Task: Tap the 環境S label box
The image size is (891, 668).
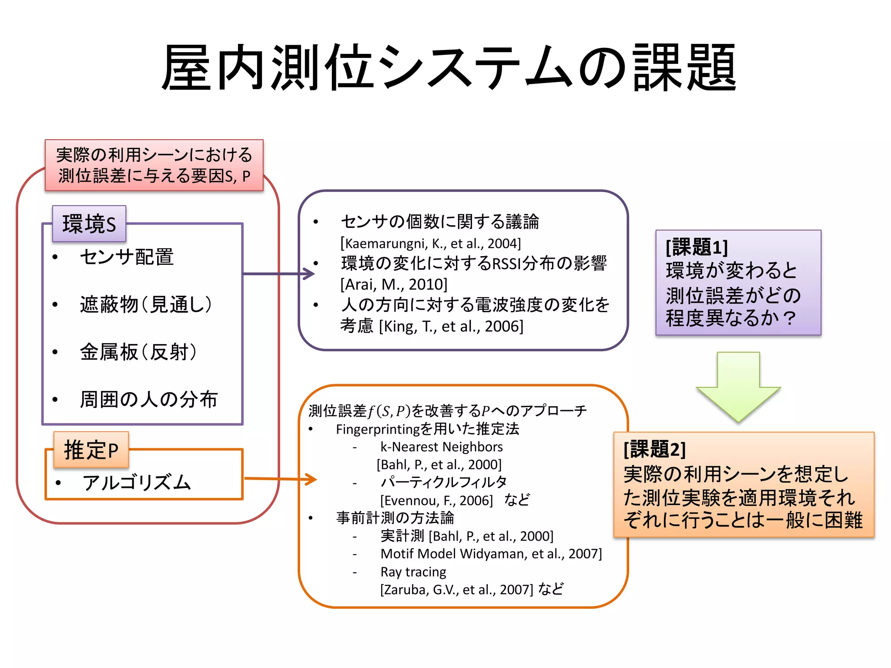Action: point(89,224)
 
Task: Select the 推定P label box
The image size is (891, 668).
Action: point(91,450)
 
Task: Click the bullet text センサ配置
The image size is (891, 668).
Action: point(127,257)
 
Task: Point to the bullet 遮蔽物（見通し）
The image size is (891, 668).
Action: point(146,304)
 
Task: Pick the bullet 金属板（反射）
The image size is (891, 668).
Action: point(138,352)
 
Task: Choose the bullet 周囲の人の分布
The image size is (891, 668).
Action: point(148,399)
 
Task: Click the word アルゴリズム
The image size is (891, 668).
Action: point(137,482)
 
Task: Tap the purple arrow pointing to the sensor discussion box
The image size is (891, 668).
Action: point(278,274)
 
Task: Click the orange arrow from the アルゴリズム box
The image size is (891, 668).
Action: point(281,479)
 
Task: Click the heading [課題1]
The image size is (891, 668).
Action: point(697,247)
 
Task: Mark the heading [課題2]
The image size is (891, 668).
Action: point(654,449)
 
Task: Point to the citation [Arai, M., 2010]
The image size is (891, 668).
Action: point(394,284)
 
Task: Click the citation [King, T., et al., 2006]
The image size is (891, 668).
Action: point(451,326)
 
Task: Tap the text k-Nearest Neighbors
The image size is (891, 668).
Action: point(441,447)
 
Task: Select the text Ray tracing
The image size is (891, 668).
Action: point(413,571)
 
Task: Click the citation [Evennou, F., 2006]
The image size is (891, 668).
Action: point(436,500)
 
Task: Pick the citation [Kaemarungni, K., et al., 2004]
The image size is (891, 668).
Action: point(430,243)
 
